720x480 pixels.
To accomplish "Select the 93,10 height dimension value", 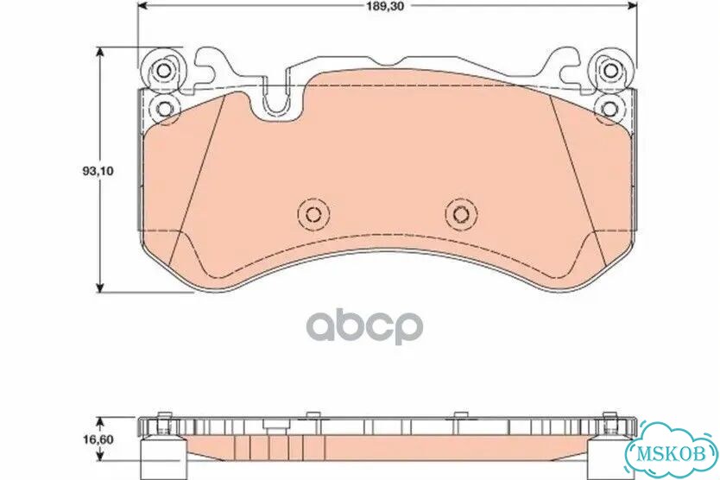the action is tap(98, 171).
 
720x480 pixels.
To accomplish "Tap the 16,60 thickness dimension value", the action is tap(98, 439).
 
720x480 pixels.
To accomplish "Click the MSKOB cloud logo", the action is tap(671, 452).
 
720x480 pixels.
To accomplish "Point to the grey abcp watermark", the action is tap(365, 326).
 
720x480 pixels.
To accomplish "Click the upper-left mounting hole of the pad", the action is tap(164, 70).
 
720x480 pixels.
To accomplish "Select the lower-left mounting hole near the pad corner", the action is tap(164, 109).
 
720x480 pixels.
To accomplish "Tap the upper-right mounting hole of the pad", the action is tap(609, 70).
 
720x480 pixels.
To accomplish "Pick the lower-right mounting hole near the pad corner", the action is tap(609, 109).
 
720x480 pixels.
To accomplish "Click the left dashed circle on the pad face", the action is tap(313, 213).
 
